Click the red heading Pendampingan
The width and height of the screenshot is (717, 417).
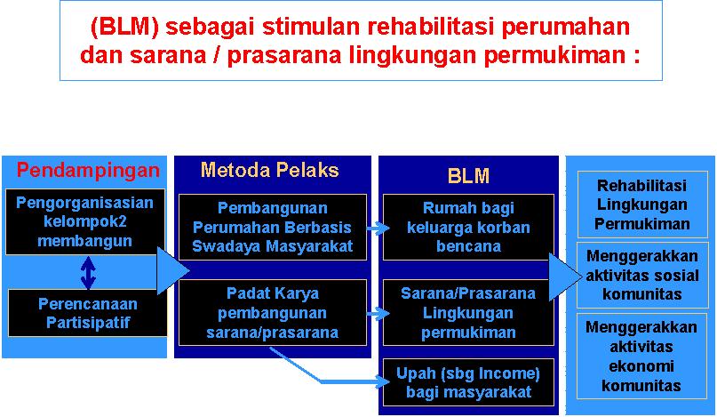tap(88, 171)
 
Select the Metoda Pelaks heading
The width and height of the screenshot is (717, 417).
tap(270, 170)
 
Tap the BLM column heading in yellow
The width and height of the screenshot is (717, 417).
tap(468, 176)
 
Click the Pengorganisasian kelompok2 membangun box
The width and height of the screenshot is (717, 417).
tap(85, 222)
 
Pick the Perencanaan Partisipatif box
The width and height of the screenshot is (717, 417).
tap(88, 313)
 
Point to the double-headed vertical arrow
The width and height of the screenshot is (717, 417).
tap(88, 273)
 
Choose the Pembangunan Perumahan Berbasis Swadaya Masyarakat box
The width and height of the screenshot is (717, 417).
tap(273, 227)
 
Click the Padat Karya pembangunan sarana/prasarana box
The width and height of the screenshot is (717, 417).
tap(273, 313)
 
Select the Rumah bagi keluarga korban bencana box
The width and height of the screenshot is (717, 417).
tap(468, 227)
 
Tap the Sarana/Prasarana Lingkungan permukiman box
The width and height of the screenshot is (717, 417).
tap(468, 313)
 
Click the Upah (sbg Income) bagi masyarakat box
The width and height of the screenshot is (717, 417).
tap(468, 382)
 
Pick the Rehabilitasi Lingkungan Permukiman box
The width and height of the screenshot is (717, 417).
tap(642, 204)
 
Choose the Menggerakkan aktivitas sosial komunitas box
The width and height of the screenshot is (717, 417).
tap(642, 275)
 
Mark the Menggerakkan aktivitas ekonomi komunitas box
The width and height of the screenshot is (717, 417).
tap(641, 357)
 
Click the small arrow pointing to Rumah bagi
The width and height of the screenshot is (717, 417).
tap(378, 228)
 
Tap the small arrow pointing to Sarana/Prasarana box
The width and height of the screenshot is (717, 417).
tap(378, 314)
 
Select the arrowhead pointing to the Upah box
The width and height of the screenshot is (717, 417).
tap(383, 381)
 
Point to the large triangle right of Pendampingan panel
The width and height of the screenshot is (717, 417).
tap(173, 270)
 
